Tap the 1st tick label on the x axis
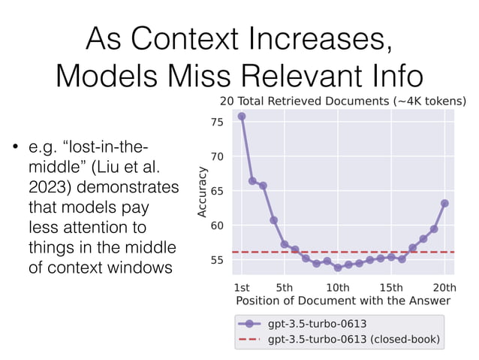click(x=243, y=286)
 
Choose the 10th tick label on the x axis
click(x=338, y=286)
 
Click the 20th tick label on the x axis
click(x=444, y=286)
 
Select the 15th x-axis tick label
click(x=391, y=286)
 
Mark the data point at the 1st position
click(x=242, y=116)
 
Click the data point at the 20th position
click(x=444, y=203)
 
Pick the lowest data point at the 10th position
click(x=338, y=268)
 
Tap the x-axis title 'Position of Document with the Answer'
click(x=343, y=301)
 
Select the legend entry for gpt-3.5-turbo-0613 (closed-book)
click(x=354, y=339)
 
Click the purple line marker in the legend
click(x=249, y=324)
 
